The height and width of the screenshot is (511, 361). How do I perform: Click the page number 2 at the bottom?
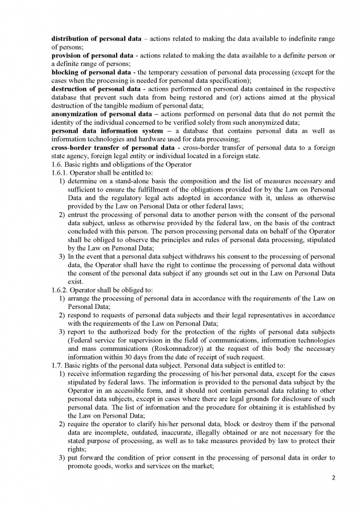334,478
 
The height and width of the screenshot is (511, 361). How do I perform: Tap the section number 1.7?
57,365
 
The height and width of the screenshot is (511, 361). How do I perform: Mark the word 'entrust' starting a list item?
79,215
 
